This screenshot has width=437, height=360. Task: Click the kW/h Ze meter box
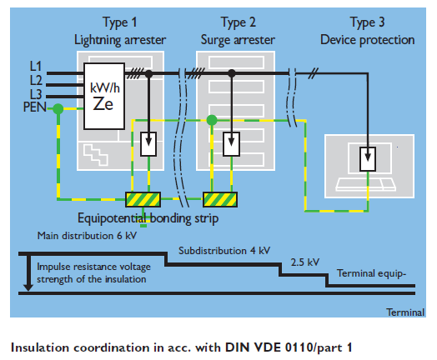click(104, 96)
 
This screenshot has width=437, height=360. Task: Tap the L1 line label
click(36, 67)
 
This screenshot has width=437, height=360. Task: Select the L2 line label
click(36, 81)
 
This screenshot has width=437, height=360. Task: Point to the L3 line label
click(36, 94)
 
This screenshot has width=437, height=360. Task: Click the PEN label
click(34, 107)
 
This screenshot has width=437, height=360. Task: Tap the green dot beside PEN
click(58, 109)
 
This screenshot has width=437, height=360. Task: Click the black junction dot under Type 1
click(148, 74)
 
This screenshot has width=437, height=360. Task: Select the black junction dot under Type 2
click(232, 73)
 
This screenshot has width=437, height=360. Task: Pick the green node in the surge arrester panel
click(212, 120)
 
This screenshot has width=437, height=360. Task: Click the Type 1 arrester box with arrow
click(148, 144)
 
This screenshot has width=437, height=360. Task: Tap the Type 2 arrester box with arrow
click(231, 144)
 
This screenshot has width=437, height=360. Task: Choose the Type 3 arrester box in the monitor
click(368, 159)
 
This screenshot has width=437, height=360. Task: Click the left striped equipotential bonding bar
click(143, 199)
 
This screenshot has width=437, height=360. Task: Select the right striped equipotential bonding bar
click(220, 199)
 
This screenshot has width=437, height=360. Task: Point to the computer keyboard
click(365, 185)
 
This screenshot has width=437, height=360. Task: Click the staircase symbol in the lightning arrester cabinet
click(96, 155)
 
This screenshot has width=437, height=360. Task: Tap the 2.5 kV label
click(305, 262)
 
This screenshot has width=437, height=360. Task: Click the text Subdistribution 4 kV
click(224, 251)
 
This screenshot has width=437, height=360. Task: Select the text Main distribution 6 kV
click(87, 236)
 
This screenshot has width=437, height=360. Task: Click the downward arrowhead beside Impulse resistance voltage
click(28, 287)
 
